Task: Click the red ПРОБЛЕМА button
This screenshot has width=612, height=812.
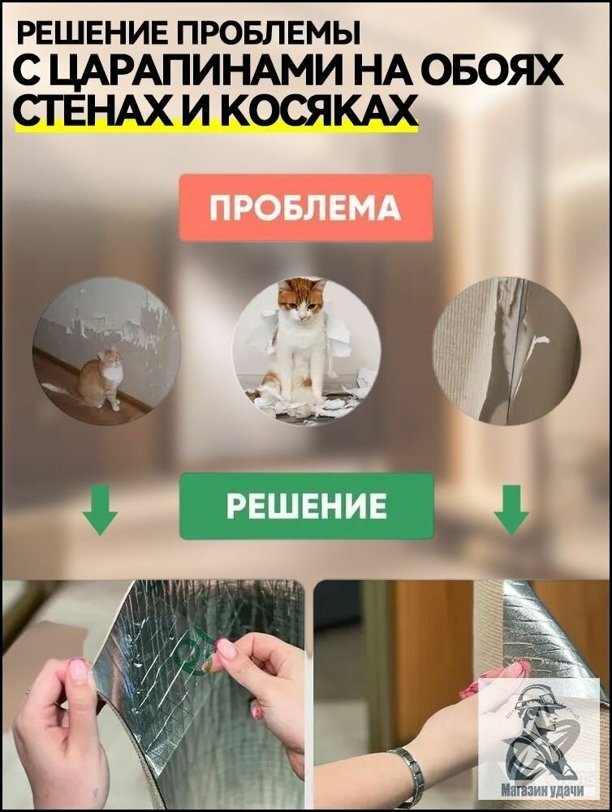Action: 306,208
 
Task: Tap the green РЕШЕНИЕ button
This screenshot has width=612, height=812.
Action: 306,506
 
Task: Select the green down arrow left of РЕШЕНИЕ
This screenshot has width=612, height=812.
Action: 100,509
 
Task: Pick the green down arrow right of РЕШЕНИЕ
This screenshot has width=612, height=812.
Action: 511,509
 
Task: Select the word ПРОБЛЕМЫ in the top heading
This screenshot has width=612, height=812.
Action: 268,34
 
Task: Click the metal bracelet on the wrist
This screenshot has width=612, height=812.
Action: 407,776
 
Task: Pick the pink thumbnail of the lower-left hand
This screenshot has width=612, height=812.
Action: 78,670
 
